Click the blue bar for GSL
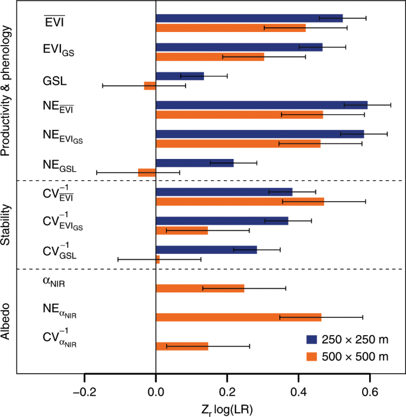coord(180,76)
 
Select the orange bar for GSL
coord(150,85)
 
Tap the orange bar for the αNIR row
coord(200,288)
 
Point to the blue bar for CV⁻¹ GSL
coord(206,250)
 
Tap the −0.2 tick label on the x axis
coord(84,392)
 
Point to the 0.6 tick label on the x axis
coord(370,392)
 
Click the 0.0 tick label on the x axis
coord(156,392)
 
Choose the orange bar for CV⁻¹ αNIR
coord(182,346)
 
